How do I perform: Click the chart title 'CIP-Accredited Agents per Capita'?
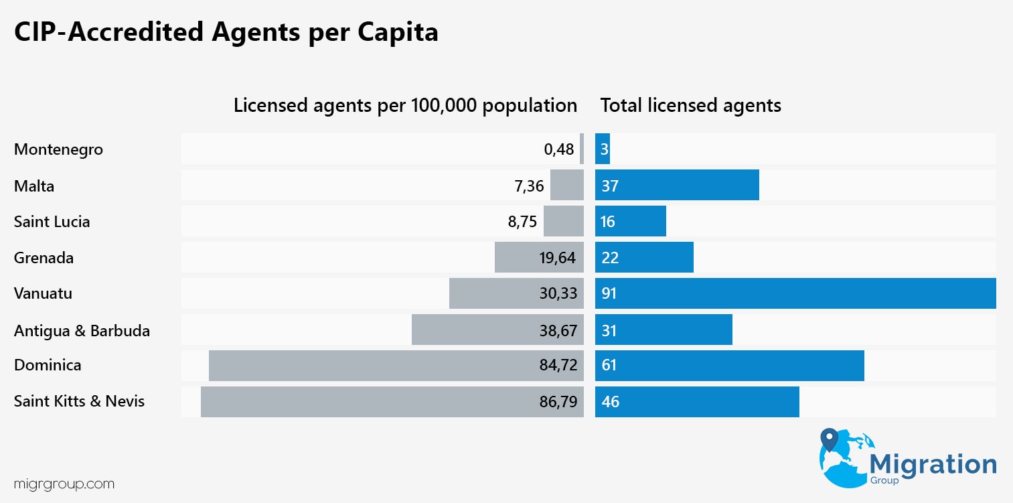pyautogui.click(x=226, y=32)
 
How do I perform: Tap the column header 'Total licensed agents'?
pyautogui.click(x=690, y=106)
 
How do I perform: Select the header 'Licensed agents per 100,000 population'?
pyautogui.click(x=405, y=106)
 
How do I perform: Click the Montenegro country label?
pyautogui.click(x=58, y=149)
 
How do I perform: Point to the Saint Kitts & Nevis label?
pyautogui.click(x=79, y=402)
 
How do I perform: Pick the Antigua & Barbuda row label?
pyautogui.click(x=82, y=330)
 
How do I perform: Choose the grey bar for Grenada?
pyautogui.click(x=516, y=258)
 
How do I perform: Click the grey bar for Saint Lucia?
pyautogui.click(x=563, y=222)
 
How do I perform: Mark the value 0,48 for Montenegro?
pyautogui.click(x=559, y=149)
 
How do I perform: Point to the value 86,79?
pyautogui.click(x=558, y=402)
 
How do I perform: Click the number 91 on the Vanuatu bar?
pyautogui.click(x=609, y=293)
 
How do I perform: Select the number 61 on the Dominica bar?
pyautogui.click(x=609, y=366)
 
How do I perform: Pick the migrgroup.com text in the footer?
pyautogui.click(x=64, y=484)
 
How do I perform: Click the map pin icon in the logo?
pyautogui.click(x=830, y=440)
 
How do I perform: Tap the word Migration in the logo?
pyautogui.click(x=932, y=463)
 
